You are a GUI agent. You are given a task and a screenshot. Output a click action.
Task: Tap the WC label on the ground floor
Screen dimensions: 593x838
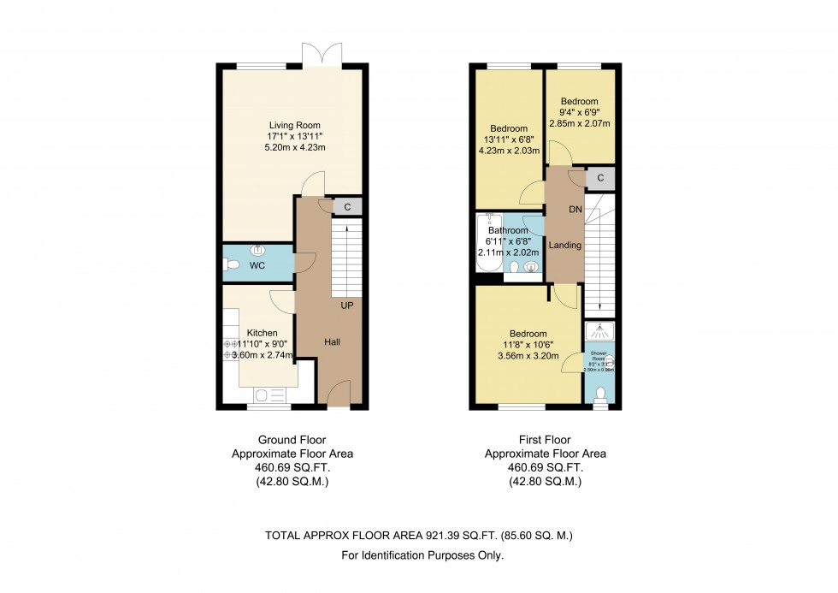(x=257, y=266)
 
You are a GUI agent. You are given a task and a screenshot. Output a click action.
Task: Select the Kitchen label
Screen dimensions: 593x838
(x=262, y=332)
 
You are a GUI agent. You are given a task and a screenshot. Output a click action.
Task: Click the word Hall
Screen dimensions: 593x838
(x=333, y=342)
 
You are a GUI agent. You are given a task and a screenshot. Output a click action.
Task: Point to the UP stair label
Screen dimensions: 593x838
(x=348, y=305)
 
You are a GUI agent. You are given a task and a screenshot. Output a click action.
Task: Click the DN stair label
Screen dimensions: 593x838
(x=575, y=209)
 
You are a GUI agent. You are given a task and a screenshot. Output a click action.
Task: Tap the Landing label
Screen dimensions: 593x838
(x=565, y=246)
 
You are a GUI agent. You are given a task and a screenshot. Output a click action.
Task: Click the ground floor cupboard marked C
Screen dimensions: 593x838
(x=347, y=206)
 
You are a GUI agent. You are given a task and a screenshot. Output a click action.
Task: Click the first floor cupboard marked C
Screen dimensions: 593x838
(x=600, y=178)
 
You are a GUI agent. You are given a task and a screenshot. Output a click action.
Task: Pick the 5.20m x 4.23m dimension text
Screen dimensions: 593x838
(x=294, y=148)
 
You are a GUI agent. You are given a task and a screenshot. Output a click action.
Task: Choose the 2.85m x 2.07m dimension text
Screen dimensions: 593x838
(x=586, y=124)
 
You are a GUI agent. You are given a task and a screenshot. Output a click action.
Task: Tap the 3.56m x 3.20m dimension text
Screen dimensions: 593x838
(x=528, y=357)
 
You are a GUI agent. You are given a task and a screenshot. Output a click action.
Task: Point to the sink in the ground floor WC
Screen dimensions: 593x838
(x=257, y=250)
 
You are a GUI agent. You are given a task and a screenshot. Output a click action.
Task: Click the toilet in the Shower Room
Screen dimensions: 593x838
(x=599, y=394)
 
